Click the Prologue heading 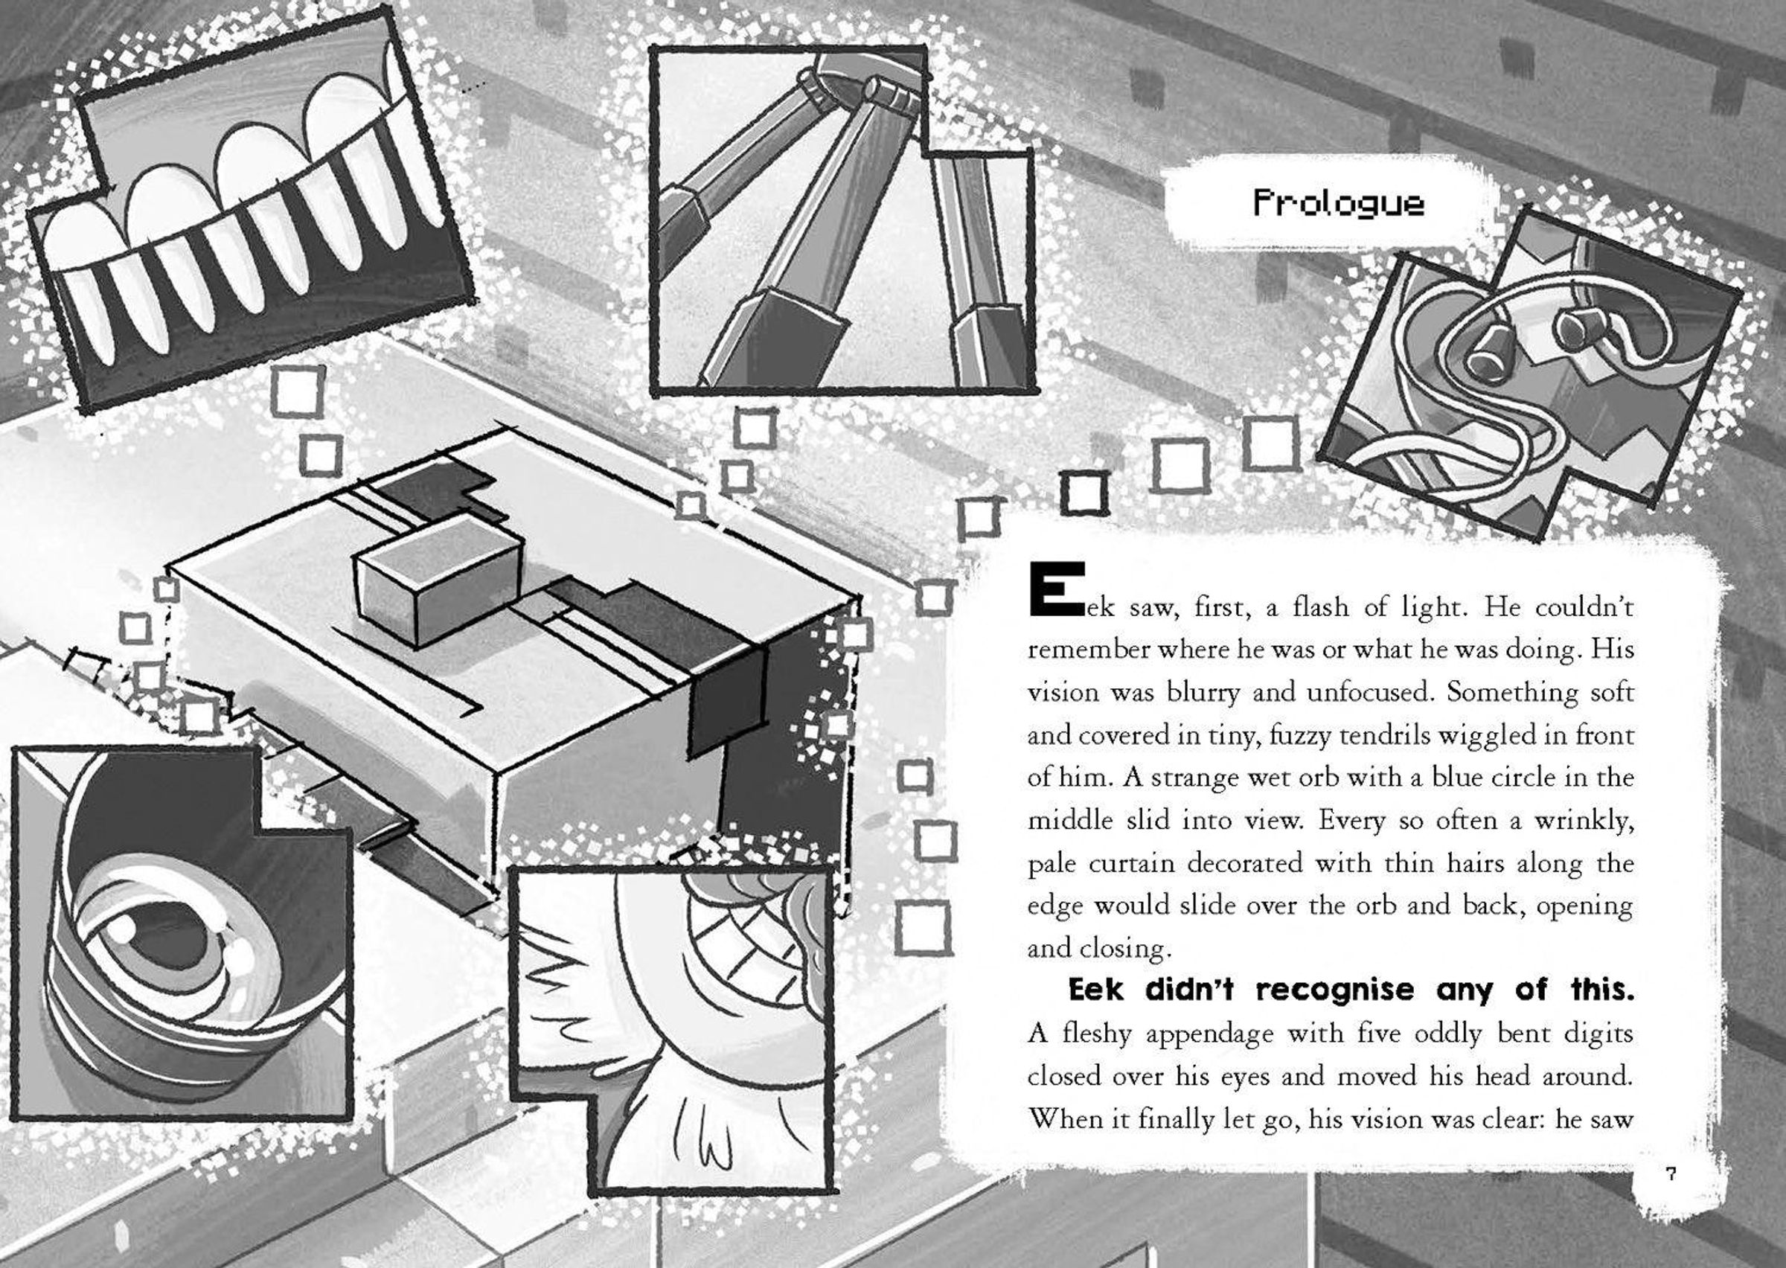click(1339, 204)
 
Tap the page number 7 click(1671, 1173)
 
